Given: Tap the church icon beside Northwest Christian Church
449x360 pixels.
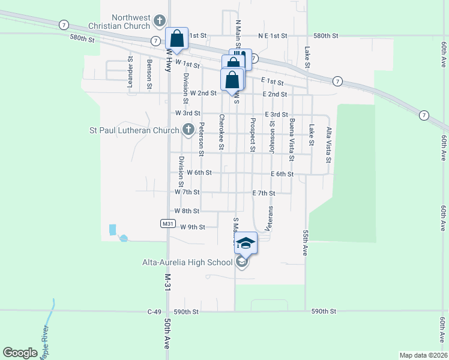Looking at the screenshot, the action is point(159,21).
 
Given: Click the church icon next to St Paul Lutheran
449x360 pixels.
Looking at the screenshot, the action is point(188,130).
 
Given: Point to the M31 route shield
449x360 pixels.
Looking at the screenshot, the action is point(168,223).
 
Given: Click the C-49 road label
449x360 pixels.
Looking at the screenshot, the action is point(155,312).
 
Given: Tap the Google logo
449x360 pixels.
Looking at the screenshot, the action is point(20,353).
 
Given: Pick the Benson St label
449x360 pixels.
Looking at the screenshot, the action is point(149,74).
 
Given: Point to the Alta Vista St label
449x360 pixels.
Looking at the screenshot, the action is point(328,145).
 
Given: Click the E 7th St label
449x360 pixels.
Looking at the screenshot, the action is point(263,193).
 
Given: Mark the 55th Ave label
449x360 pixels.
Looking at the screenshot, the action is point(306,243).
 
